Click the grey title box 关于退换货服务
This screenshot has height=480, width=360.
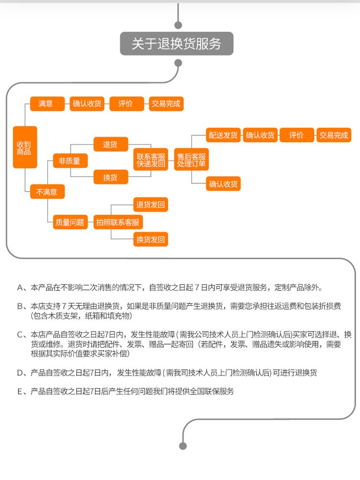click(177, 44)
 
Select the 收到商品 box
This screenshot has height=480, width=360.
click(25, 147)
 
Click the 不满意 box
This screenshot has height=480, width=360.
click(47, 192)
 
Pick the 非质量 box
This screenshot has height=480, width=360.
click(70, 161)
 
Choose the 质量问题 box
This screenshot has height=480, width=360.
click(70, 222)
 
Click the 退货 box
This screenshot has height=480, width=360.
click(111, 144)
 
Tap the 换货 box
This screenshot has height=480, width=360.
click(111, 177)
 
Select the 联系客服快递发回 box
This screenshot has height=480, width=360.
click(151, 160)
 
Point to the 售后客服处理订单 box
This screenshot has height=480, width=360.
click(192, 160)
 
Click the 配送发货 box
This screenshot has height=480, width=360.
click(223, 135)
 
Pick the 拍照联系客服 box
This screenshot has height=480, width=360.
click(118, 222)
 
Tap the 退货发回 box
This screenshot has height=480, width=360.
click(151, 205)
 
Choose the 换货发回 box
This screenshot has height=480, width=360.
click(151, 239)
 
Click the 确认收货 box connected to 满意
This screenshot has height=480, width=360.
click(87, 104)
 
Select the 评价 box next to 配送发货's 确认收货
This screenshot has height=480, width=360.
click(297, 135)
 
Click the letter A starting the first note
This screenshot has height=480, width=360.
click(20, 288)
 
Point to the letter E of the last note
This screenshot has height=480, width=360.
click(20, 392)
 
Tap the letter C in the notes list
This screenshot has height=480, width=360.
click(20, 335)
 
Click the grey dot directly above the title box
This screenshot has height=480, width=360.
click(178, 25)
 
